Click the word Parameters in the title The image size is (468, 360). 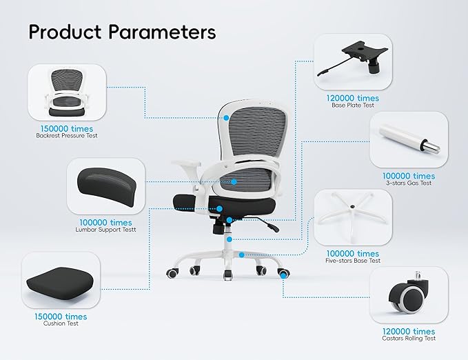pos(162,32)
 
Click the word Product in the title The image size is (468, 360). pos(65,32)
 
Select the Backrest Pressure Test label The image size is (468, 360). pos(67,136)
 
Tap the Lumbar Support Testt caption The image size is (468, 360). pos(105,230)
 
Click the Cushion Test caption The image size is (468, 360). pos(61,323)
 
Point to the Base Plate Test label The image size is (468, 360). pos(353,105)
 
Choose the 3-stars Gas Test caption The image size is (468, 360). pos(409,183)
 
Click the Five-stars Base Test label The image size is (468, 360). pos(353,261)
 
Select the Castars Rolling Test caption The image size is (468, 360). pos(409,338)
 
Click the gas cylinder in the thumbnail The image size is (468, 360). pos(409,139)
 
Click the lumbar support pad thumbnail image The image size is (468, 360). pos(107,186)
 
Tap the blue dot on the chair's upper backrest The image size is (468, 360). pos(226,118)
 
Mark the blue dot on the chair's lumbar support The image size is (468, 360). pos(234,181)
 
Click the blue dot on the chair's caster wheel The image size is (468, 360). pos(283,276)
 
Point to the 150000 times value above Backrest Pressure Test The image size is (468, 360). pos(67,129)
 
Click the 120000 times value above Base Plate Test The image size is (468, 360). pos(353,98)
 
